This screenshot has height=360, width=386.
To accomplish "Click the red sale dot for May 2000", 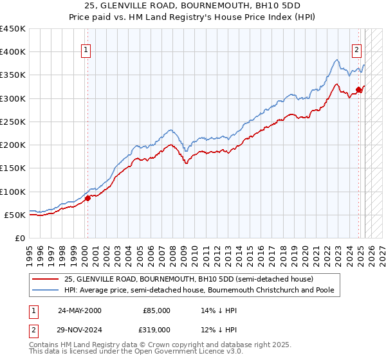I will click(x=88, y=198).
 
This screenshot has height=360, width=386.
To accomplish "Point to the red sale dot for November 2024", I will click(x=359, y=89).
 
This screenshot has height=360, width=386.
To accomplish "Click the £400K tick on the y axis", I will click(x=14, y=52).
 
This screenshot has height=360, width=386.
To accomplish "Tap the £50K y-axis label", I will click(x=16, y=215).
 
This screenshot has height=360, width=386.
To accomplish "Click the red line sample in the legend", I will click(x=46, y=279).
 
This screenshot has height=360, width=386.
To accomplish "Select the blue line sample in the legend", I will click(x=46, y=290).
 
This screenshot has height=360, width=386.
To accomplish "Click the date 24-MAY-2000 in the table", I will click(x=80, y=310).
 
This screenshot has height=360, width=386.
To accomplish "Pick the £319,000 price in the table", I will click(x=157, y=329).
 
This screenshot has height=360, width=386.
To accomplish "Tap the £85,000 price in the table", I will click(x=157, y=310).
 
